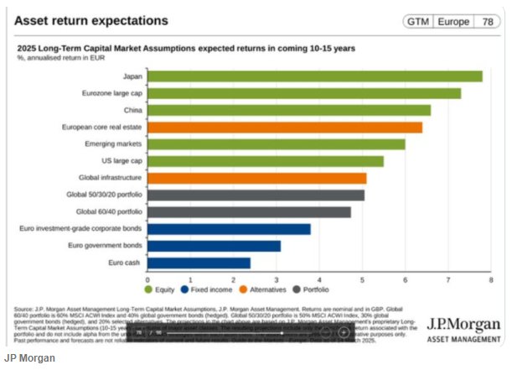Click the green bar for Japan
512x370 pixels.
pos(314,76)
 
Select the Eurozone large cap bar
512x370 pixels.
pos(304,93)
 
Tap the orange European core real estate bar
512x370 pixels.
pos(285,128)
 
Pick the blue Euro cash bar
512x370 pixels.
pos(199,263)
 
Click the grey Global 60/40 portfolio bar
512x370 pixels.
pos(249,211)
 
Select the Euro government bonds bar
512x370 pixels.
pos(214,246)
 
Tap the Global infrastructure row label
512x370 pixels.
pos(113,178)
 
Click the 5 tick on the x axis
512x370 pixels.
pos(363,279)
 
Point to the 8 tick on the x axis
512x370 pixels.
pos(491,279)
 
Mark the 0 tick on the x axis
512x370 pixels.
pos(148,279)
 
